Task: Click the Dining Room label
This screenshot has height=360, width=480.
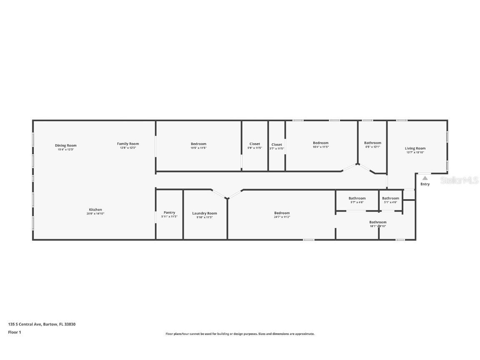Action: pyautogui.click(x=66, y=145)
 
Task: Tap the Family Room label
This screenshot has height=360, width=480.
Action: pyautogui.click(x=128, y=144)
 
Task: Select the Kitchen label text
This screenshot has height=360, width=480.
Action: pyautogui.click(x=95, y=210)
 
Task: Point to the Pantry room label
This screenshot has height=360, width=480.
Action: pyautogui.click(x=169, y=212)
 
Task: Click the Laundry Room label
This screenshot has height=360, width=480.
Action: pyautogui.click(x=205, y=213)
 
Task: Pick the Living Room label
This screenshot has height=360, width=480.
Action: pyautogui.click(x=415, y=148)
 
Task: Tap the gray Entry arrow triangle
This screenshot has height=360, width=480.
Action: pyautogui.click(x=425, y=178)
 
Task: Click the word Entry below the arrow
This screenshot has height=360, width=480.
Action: pyautogui.click(x=425, y=184)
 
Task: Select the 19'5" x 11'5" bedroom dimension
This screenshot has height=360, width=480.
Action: pyautogui.click(x=199, y=148)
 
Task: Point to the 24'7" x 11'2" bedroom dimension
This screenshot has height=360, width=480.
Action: pyautogui.click(x=282, y=217)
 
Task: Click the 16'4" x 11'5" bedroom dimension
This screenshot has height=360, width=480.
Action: pyautogui.click(x=321, y=147)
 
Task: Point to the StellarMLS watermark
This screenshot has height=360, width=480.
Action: pyautogui.click(x=459, y=180)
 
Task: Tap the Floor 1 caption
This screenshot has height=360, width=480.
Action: pyautogui.click(x=14, y=332)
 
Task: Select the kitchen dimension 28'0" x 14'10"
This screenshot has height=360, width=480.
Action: pyautogui.click(x=95, y=214)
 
